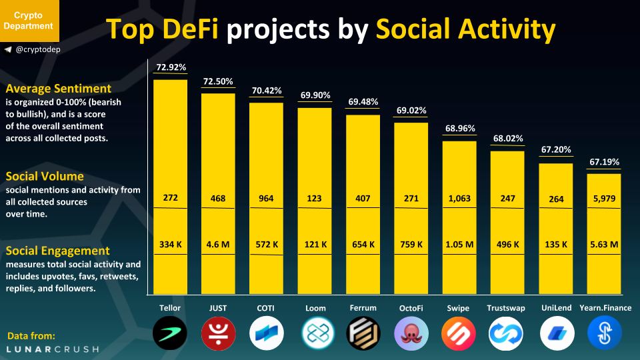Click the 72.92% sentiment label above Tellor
coord(171,67)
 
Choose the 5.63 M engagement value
coord(604,245)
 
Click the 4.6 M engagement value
coord(219,245)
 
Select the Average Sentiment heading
coord(58,89)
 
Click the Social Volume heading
coord(45,177)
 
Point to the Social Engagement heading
coord(57,251)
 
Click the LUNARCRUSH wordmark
coord(52,349)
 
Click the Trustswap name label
coord(508,308)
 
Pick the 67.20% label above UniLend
coord(556,151)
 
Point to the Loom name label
coord(315,308)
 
